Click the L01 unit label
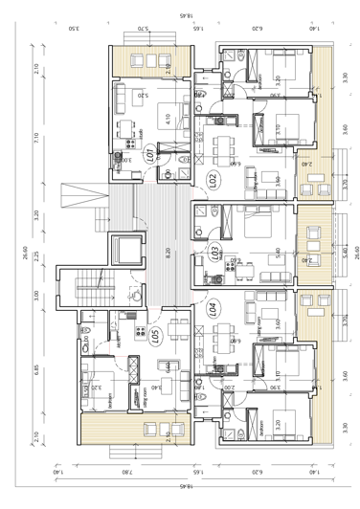[150, 153]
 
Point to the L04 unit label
[213, 308]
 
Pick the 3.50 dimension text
[75, 30]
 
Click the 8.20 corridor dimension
[168, 254]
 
